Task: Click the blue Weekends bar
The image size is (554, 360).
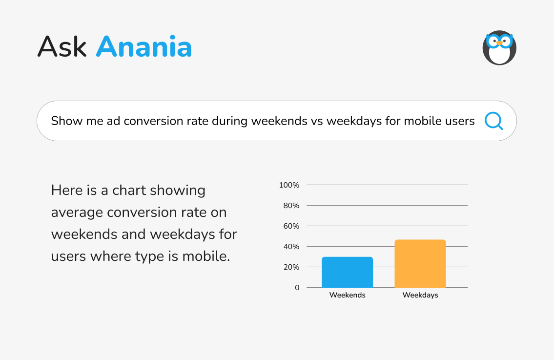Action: (x=347, y=272)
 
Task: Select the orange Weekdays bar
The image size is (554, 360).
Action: (x=420, y=264)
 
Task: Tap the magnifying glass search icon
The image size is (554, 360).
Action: (x=493, y=121)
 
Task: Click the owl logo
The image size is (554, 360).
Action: (x=499, y=48)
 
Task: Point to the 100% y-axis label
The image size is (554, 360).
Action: (x=289, y=185)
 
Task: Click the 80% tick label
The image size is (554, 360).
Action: (x=291, y=206)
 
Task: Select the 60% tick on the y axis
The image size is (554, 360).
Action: (x=291, y=226)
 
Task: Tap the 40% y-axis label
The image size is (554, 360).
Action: (x=291, y=247)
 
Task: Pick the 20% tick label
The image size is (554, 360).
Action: (x=291, y=267)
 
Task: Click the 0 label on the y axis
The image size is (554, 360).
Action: (x=297, y=288)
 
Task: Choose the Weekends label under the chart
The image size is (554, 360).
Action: (x=347, y=295)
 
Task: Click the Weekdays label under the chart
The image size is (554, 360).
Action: (x=420, y=295)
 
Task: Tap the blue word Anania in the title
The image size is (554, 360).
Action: (x=144, y=47)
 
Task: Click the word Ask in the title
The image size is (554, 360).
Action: (x=62, y=47)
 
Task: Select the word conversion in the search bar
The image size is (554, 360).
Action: (x=153, y=121)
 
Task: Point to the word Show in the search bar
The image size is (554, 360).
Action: (x=66, y=121)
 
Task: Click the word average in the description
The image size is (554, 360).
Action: (x=77, y=212)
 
